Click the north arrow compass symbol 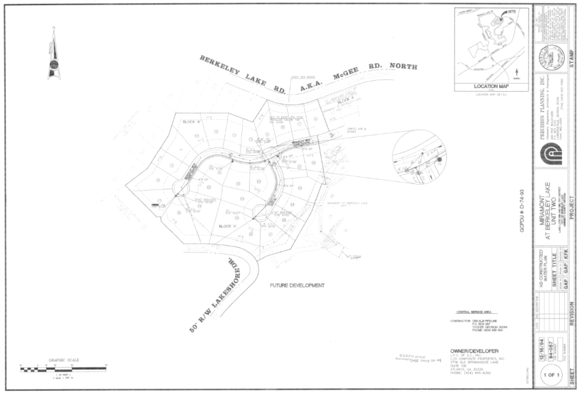pos(54,56)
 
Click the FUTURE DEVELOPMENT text pos(297,285)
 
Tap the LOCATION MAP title pos(491,86)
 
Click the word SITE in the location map pos(511,11)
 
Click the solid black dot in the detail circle pos(439,159)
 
